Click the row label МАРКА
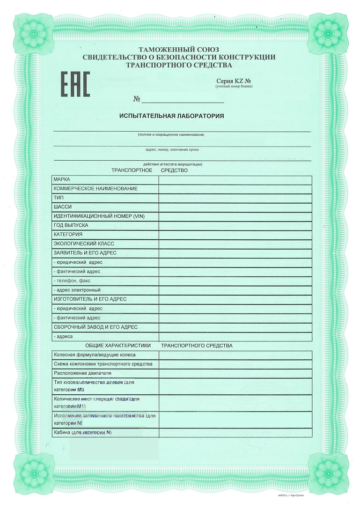click(x=62, y=180)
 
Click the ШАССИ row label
click(x=63, y=207)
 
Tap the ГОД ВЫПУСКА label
click(x=71, y=225)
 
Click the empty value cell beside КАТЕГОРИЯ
click(x=235, y=235)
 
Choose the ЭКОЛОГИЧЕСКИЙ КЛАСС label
click(x=84, y=244)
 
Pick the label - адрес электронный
click(x=77, y=290)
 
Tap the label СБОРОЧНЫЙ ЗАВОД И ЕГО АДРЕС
click(x=96, y=327)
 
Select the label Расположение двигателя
click(x=82, y=373)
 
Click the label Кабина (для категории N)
click(x=82, y=432)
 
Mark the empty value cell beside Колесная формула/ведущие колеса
click(x=235, y=355)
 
